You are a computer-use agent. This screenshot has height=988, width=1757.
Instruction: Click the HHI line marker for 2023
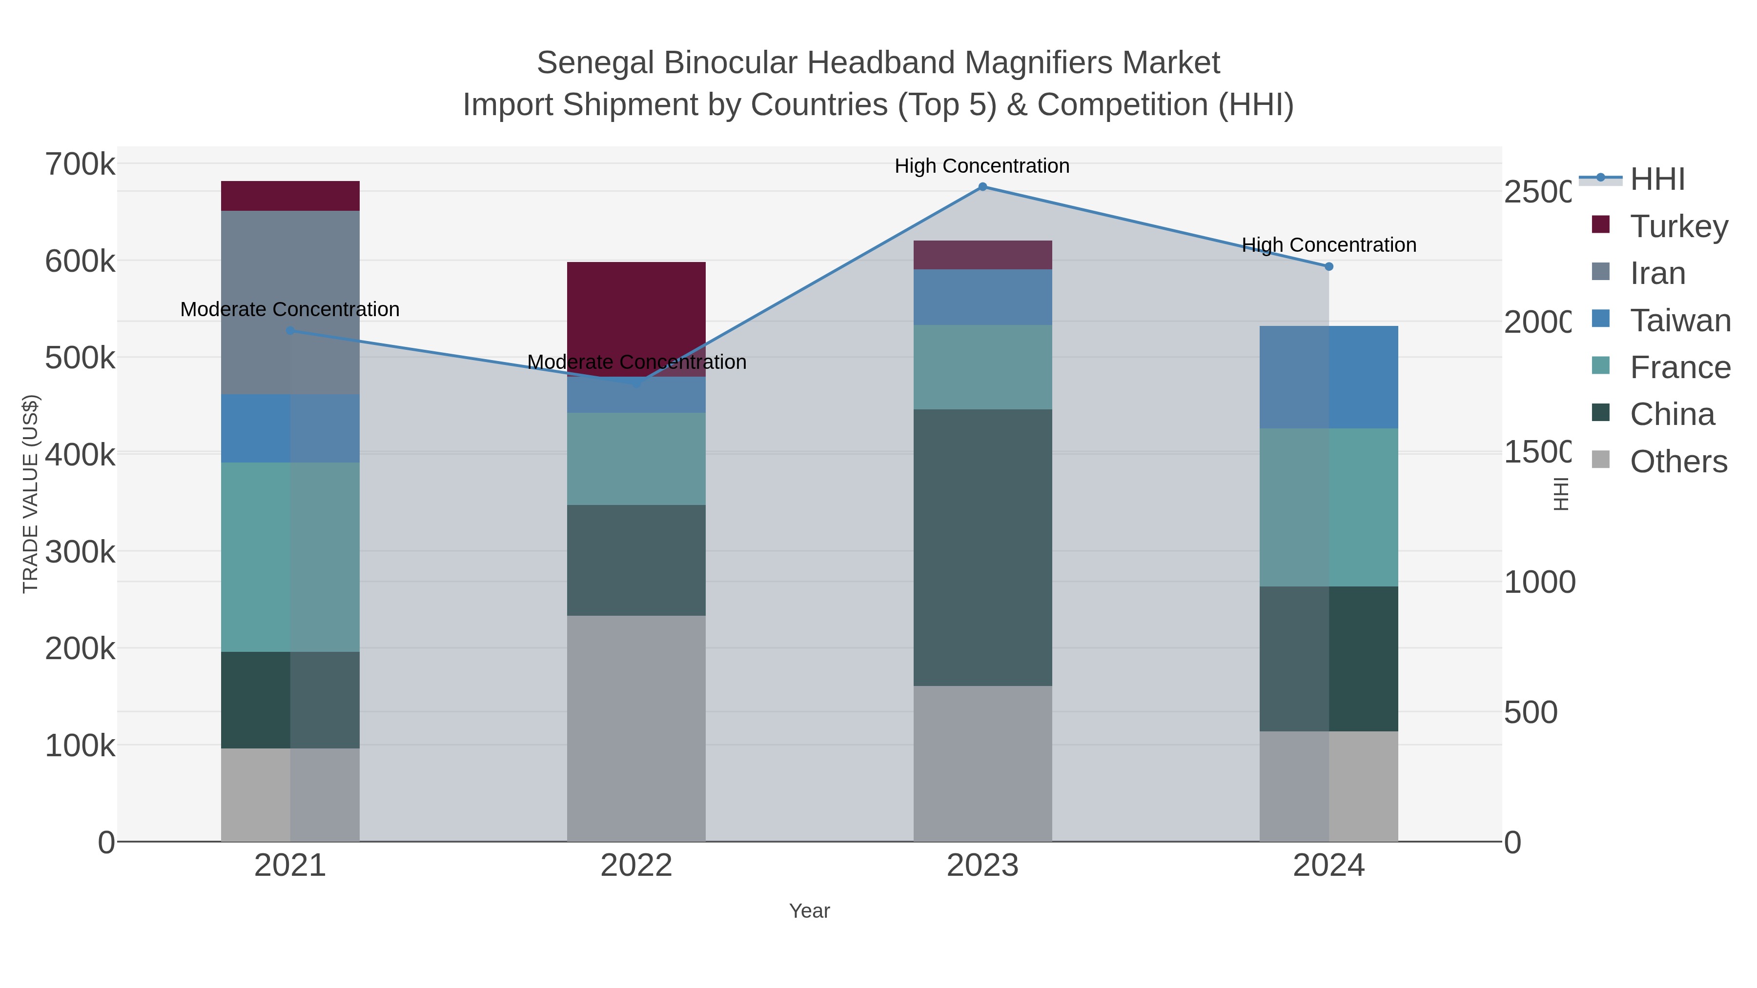tap(982, 187)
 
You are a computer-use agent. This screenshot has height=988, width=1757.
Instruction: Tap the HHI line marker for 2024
tap(1328, 266)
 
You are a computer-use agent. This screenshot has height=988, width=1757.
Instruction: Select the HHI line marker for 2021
tap(290, 331)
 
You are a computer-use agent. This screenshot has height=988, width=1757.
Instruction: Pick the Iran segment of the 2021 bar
tap(290, 302)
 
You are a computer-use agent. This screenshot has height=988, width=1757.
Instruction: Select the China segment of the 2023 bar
tap(982, 547)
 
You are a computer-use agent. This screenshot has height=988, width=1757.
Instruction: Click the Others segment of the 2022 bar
tap(636, 728)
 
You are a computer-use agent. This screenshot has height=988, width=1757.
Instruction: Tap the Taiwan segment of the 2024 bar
tap(1328, 377)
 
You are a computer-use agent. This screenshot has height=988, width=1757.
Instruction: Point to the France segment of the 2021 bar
tap(290, 557)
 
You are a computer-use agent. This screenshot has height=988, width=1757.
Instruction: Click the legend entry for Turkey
tap(1678, 226)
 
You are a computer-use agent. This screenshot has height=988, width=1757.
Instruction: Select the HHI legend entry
tap(1657, 180)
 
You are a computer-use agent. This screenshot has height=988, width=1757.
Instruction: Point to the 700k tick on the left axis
tap(80, 165)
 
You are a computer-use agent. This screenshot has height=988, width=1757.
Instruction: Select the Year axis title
tap(810, 911)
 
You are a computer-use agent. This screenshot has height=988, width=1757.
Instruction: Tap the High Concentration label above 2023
tap(981, 166)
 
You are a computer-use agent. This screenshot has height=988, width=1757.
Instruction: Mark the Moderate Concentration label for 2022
tap(636, 362)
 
